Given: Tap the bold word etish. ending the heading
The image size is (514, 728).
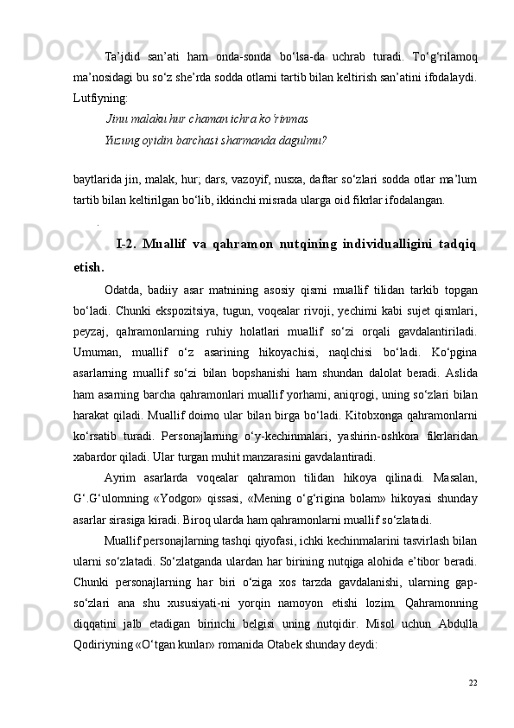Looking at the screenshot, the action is click(90, 267).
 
